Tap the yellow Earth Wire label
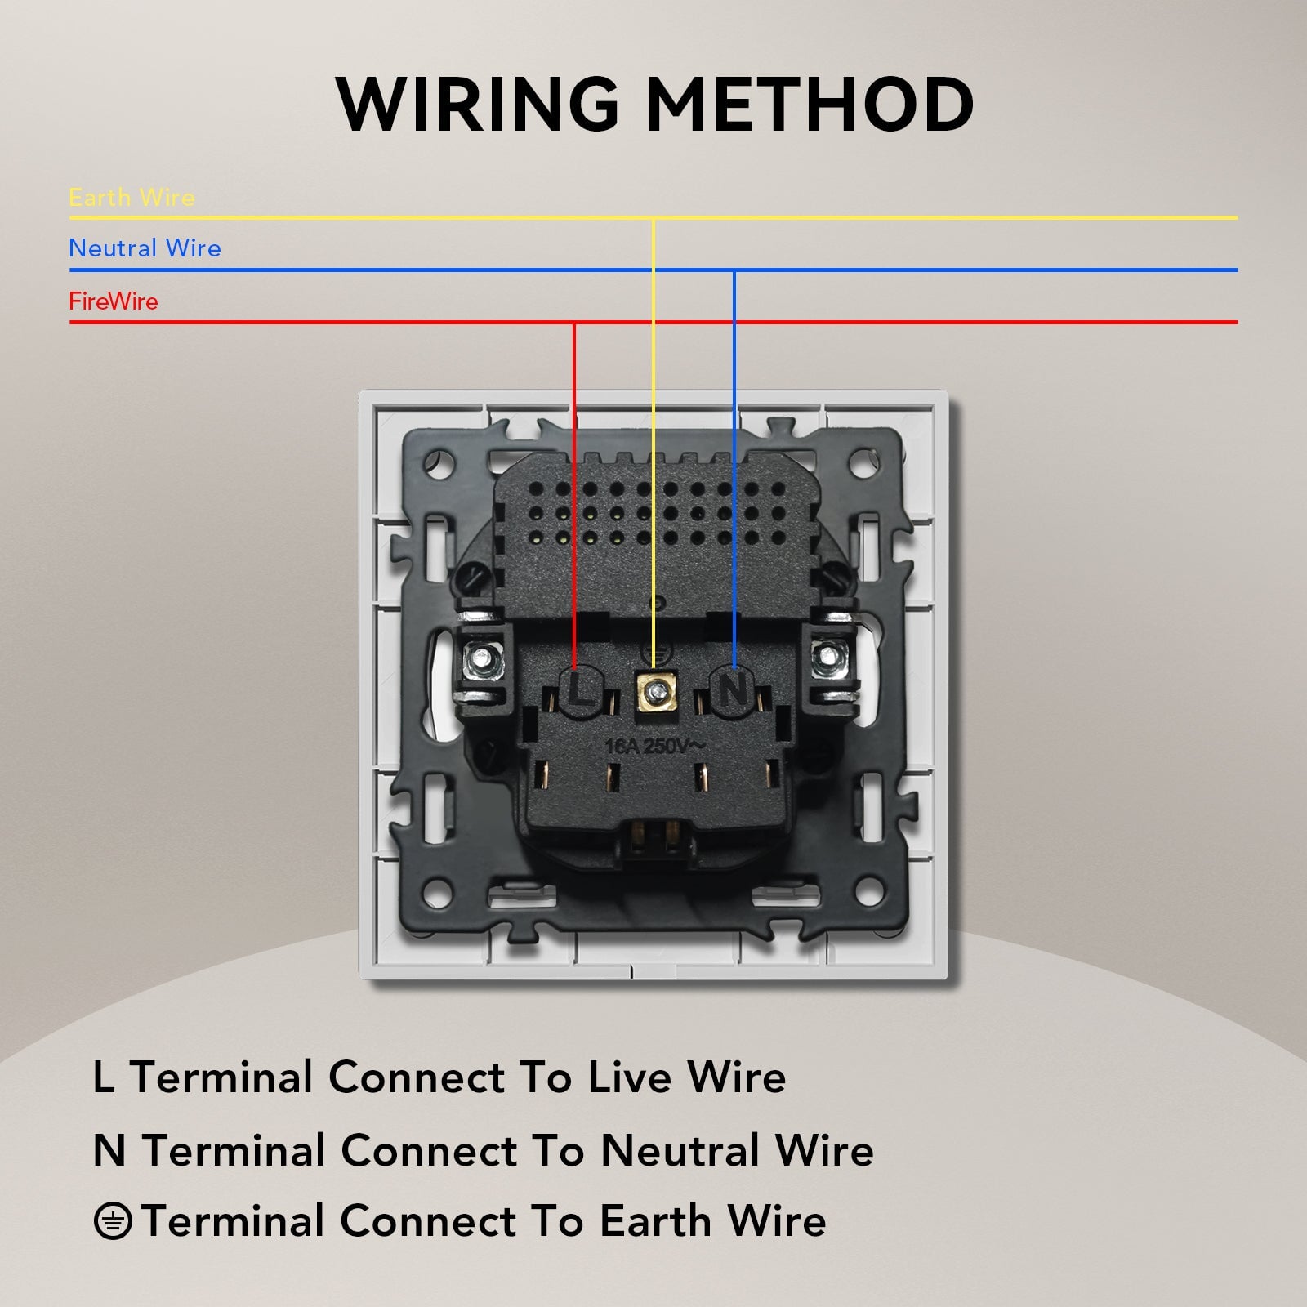132,198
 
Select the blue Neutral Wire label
145,248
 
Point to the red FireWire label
114,301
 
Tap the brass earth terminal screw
653,693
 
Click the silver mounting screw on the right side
827,656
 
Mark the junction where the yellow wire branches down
653,218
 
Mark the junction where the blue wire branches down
734,270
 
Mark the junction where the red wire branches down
574,322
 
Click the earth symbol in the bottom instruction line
113,1222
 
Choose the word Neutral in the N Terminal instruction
681,1150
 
